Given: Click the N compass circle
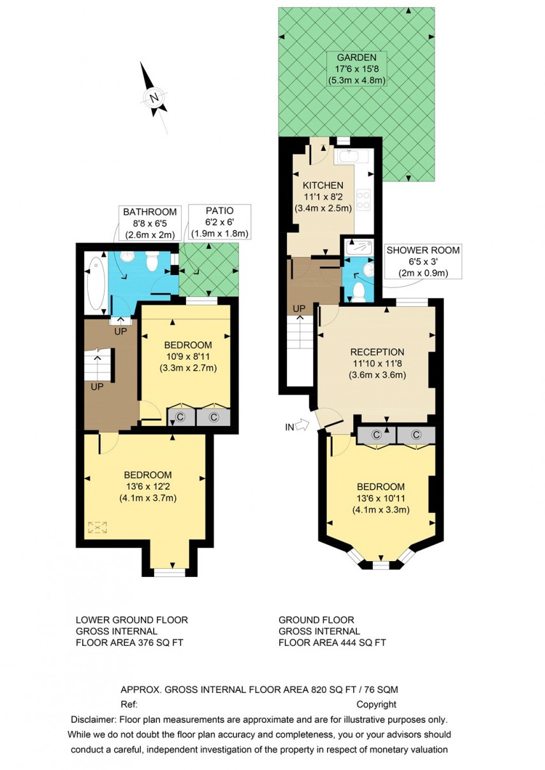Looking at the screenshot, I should pos(154,97).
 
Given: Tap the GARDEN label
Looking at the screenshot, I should pos(357,57).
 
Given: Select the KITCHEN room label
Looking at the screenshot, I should pos(323,185).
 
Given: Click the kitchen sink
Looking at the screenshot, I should pos(349,156).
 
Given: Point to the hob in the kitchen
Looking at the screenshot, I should pos(364,200).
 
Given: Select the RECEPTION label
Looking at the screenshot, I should pos(377,352).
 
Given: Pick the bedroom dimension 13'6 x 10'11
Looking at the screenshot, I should pos(381,498).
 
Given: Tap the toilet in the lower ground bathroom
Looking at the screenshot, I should pos(152,260).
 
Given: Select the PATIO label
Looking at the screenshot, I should pos(219,211).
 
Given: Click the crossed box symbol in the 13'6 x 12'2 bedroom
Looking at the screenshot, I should pos(98,527).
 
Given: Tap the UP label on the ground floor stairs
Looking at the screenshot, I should pos(298,310).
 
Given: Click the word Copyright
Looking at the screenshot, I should pos(376,704).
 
